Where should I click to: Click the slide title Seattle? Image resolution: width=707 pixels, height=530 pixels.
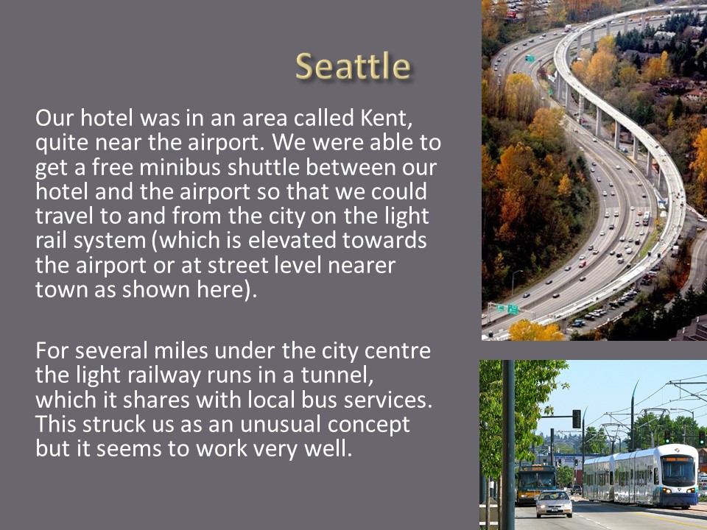point(353,66)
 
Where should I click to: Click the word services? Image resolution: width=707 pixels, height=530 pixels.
point(387,400)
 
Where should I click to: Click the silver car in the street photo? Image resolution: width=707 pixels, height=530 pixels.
point(554,504)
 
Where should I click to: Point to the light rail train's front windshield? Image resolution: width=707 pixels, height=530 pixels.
point(678,472)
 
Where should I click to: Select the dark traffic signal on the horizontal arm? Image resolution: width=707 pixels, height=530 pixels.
point(576,419)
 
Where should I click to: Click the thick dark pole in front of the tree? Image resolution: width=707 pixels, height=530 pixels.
point(508,445)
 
